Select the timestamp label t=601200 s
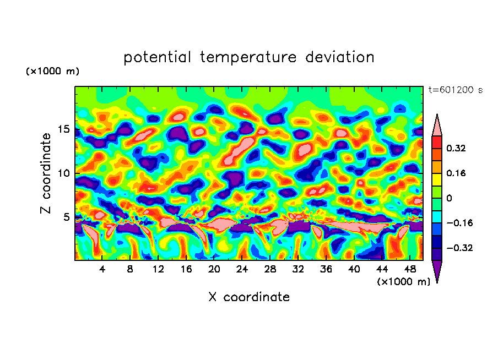click(x=455, y=90)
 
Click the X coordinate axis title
click(x=249, y=297)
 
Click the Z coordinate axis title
click(x=46, y=173)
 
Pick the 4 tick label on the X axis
click(x=102, y=269)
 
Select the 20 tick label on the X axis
click(x=214, y=269)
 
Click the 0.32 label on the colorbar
click(x=457, y=148)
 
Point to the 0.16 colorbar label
click(x=457, y=173)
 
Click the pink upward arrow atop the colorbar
click(x=437, y=126)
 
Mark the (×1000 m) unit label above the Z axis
click(x=52, y=72)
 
